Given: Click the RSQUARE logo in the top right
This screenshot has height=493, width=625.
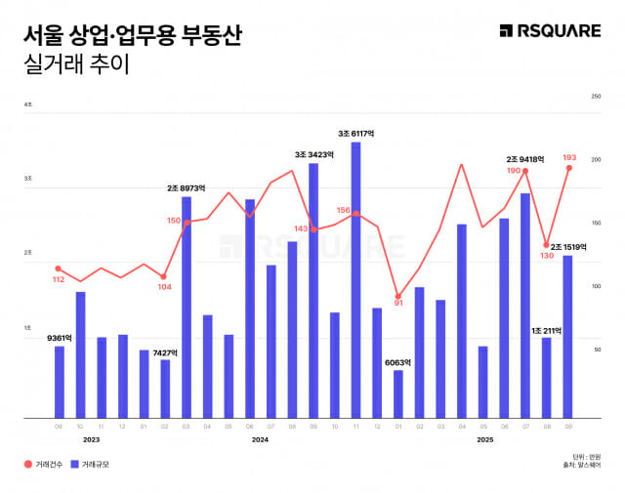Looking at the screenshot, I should [x=550, y=31].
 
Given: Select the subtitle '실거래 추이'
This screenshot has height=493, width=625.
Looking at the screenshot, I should [x=73, y=65].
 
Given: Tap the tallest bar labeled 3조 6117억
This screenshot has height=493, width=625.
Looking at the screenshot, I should [x=355, y=279].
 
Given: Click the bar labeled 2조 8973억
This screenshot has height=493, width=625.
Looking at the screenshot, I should [x=187, y=307].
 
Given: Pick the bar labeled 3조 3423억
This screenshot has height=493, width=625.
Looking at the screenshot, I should [x=313, y=290].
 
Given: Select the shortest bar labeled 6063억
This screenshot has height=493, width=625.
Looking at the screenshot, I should [x=398, y=393].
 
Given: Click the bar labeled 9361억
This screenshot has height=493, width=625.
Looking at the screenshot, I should [x=60, y=382].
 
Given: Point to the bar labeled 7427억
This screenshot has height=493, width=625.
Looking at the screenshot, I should [x=165, y=389].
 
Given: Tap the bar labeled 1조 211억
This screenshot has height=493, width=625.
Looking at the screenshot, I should [x=546, y=378].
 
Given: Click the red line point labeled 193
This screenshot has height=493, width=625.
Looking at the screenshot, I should [x=568, y=168].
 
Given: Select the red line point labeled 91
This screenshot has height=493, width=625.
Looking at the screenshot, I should [x=398, y=296].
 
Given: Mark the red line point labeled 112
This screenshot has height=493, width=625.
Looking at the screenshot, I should [x=59, y=268].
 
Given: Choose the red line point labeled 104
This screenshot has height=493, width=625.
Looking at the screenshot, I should [x=165, y=276].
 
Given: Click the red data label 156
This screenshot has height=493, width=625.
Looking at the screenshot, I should [x=343, y=210].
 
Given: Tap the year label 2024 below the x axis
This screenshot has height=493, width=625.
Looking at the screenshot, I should [x=260, y=440].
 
